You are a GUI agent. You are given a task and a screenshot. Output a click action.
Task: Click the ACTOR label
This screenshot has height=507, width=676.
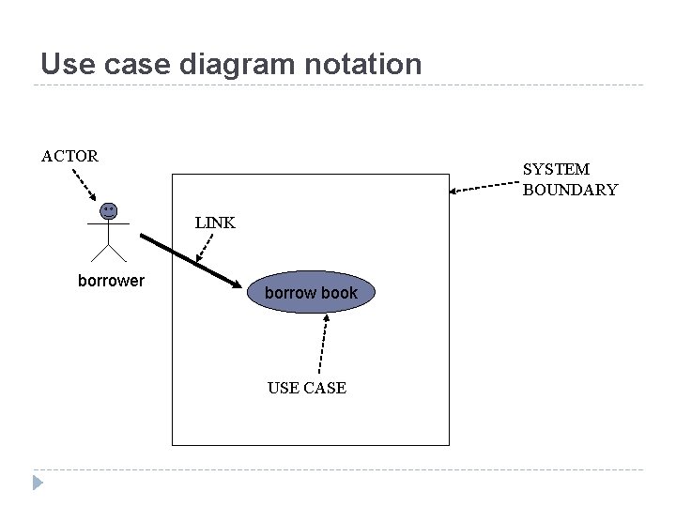click(69, 156)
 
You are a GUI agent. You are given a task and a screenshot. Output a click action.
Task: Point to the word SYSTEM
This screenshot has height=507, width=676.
click(556, 169)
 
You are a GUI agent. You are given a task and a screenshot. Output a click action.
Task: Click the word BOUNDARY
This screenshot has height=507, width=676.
click(570, 190)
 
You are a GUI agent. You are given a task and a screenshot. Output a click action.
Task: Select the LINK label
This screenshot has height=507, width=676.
click(215, 223)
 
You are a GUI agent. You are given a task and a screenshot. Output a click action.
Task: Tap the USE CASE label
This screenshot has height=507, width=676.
click(306, 388)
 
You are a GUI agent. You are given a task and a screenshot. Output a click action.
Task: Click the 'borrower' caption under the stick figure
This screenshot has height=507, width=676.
click(111, 280)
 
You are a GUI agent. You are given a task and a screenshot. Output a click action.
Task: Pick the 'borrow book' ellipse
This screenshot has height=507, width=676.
click(311, 293)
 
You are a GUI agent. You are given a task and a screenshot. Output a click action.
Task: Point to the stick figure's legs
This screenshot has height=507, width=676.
click(109, 251)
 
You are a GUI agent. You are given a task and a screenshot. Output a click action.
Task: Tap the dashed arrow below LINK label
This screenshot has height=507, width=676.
click(205, 249)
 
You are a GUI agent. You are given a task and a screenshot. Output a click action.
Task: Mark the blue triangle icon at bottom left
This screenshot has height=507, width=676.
click(37, 483)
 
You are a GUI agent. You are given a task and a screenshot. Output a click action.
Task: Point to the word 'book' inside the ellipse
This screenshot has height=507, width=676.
click(339, 293)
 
